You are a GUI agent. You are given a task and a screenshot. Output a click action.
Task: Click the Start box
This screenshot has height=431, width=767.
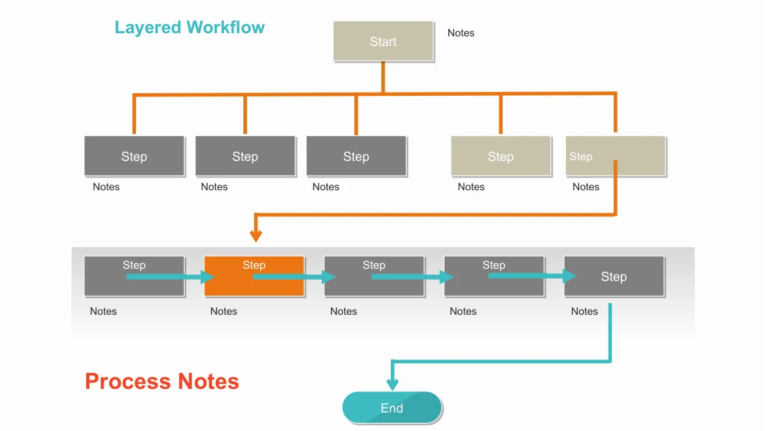click(x=383, y=41)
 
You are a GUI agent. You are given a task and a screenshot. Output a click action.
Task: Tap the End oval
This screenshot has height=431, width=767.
click(x=392, y=407)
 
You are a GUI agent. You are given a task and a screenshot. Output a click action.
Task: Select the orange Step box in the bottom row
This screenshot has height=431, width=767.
click(x=254, y=276)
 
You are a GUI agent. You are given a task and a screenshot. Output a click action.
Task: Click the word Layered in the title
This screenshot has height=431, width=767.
click(x=148, y=27)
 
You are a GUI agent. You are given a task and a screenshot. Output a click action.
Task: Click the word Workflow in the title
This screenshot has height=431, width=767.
click(x=225, y=27)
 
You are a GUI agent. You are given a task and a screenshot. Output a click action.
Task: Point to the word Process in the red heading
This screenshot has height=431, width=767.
click(x=128, y=381)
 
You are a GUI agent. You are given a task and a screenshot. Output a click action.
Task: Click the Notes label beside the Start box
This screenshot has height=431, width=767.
click(x=461, y=33)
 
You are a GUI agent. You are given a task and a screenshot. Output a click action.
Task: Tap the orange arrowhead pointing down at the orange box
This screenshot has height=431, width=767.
click(x=256, y=236)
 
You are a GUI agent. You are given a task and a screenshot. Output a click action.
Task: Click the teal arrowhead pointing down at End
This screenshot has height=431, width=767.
click(x=392, y=384)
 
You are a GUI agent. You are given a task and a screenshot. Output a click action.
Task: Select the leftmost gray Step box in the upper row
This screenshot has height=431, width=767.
click(x=134, y=156)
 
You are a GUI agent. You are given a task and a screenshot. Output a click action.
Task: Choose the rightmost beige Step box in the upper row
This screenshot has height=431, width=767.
click(x=616, y=156)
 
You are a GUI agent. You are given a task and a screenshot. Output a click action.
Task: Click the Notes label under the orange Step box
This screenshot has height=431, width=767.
click(x=224, y=311)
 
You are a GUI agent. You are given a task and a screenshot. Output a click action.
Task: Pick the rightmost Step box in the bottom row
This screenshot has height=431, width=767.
click(x=614, y=276)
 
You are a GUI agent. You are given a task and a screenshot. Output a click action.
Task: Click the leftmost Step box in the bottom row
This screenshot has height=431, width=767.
click(x=134, y=276)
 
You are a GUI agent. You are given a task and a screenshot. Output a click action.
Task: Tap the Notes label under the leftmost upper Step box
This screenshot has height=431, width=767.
click(x=106, y=187)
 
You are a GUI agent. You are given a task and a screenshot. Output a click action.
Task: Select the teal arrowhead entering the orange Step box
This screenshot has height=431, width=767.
click(x=208, y=277)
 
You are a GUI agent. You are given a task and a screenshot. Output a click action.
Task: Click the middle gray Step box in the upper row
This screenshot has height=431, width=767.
click(x=245, y=156)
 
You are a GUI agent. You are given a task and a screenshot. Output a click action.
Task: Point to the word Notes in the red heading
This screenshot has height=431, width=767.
click(x=209, y=381)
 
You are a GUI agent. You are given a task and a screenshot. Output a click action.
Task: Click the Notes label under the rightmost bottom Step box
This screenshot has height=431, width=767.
click(x=584, y=311)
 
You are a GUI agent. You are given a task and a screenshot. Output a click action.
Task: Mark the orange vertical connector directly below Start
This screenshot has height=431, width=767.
click(x=383, y=77)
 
